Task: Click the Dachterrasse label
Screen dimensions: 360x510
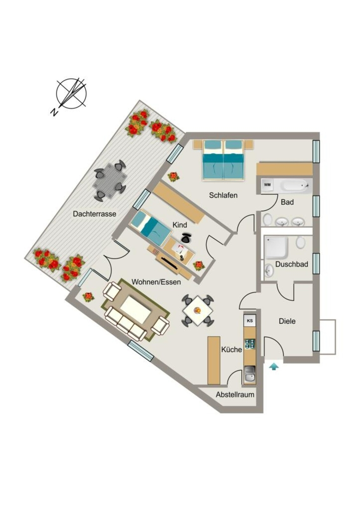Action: click(95, 214)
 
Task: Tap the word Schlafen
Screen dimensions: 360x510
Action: click(223, 195)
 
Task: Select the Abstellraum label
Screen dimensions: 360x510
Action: click(235, 394)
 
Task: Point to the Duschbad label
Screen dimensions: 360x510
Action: click(291, 264)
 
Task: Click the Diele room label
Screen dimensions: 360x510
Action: click(287, 321)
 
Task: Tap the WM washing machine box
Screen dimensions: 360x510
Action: click(267, 185)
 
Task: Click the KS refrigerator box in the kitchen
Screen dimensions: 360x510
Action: click(250, 320)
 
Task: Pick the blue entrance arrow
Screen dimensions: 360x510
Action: click(274, 366)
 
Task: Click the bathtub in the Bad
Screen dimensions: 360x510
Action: click(295, 186)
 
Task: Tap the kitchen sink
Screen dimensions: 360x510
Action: click(249, 374)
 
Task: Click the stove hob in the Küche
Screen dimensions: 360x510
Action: click(250, 344)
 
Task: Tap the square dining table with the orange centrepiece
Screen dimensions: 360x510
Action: click(198, 311)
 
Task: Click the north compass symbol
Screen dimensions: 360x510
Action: click(72, 94)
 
